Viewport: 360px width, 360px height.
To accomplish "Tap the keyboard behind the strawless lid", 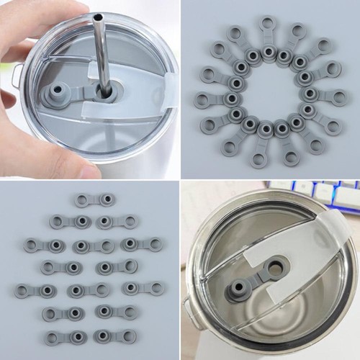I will pos(317,193).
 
